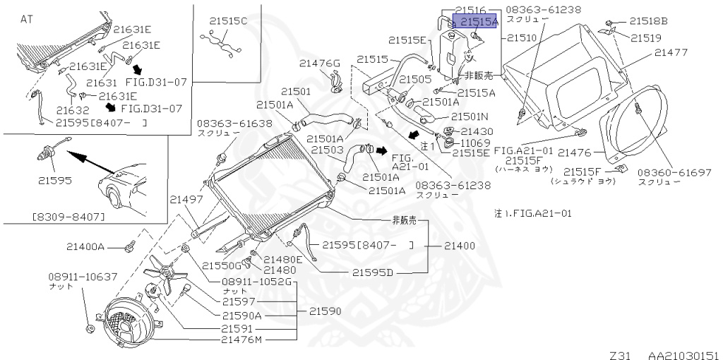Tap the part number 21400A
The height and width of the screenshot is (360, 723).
[85, 247]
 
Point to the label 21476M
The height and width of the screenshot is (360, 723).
[241, 340]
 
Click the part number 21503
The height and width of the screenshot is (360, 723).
[326, 150]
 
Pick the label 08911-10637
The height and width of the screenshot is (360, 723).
[83, 277]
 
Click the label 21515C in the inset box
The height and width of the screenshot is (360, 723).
[228, 21]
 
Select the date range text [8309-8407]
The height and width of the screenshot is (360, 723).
[68, 216]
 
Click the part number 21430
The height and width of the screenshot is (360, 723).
[477, 131]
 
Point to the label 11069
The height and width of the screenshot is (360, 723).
[477, 142]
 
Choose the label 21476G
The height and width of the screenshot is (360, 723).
[318, 64]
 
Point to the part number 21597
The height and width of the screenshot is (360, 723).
[241, 301]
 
